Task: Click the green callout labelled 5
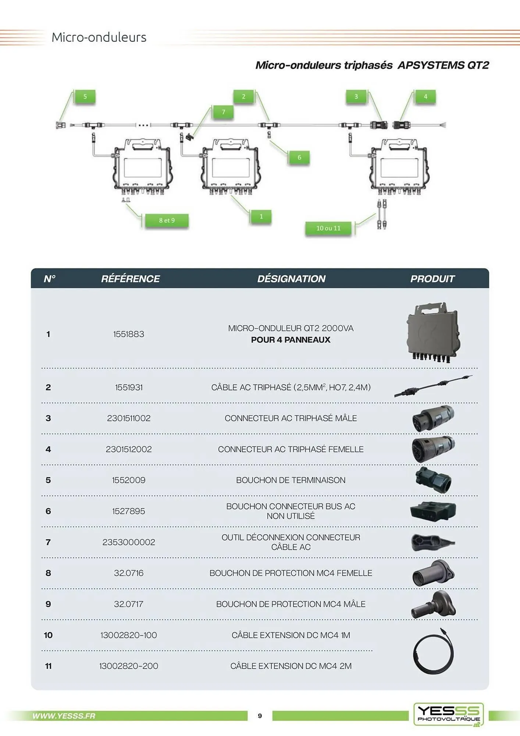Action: (85, 97)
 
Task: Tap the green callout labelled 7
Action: (223, 112)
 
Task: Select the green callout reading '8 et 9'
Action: (167, 220)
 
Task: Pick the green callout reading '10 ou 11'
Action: (328, 228)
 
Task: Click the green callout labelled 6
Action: (299, 158)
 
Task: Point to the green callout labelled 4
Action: (425, 97)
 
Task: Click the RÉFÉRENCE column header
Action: (130, 279)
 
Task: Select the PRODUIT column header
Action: (432, 279)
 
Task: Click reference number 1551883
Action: (128, 334)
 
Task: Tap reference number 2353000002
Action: (128, 542)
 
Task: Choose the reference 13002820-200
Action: (128, 666)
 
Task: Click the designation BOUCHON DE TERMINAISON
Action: (291, 480)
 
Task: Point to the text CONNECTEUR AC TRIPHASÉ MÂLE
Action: (291, 418)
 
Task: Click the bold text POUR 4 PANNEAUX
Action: (291, 340)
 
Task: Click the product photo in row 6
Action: (433, 511)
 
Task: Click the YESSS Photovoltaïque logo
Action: (448, 714)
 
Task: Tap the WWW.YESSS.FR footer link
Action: (64, 716)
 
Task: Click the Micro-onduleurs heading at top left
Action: (99, 37)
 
